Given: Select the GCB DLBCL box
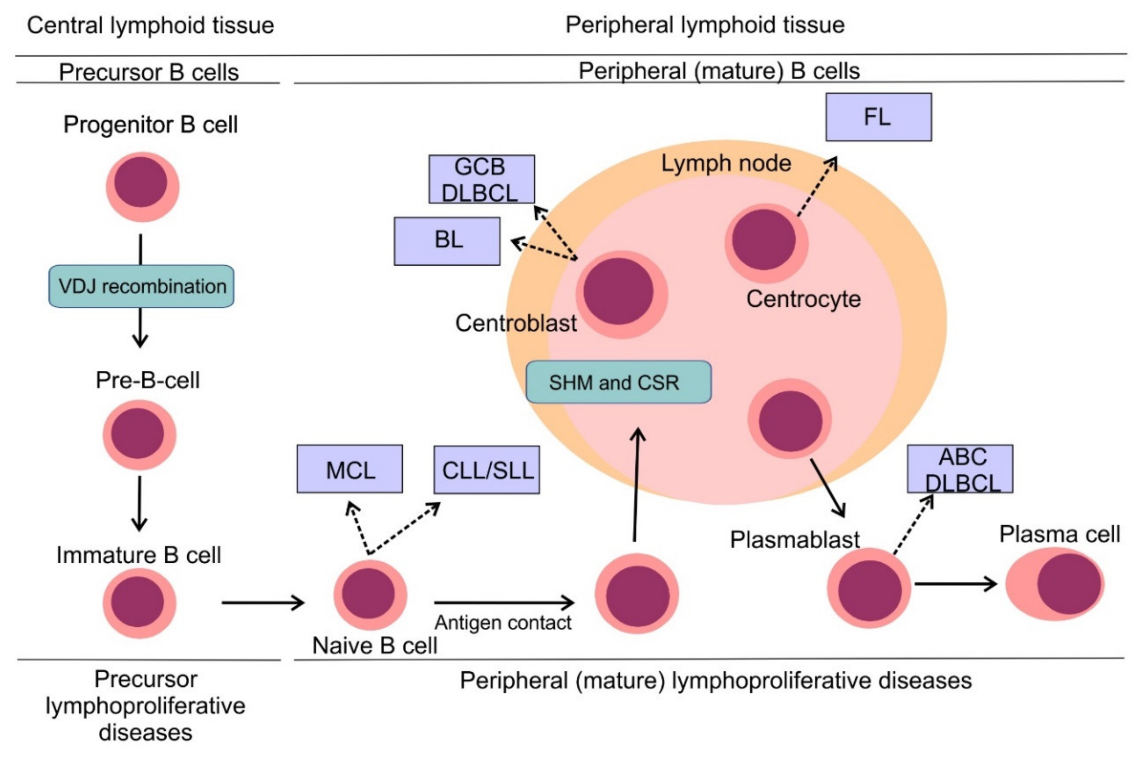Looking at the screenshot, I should (481, 179).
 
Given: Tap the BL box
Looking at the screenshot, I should (446, 241).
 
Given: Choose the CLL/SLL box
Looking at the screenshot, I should (486, 469).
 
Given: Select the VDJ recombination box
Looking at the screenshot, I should (141, 286).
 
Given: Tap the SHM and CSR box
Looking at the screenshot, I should (618, 382).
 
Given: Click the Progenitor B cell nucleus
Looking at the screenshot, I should (141, 182).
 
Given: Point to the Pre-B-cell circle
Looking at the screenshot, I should (139, 435).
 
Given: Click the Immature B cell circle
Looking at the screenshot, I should (139, 603).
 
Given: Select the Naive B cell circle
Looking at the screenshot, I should (370, 595).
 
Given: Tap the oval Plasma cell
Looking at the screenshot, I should (1054, 584).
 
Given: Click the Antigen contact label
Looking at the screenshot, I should (503, 623).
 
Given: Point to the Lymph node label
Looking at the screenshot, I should (726, 163).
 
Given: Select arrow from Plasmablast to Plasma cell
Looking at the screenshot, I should (955, 584).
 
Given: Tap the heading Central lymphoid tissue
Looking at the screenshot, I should (151, 25).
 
